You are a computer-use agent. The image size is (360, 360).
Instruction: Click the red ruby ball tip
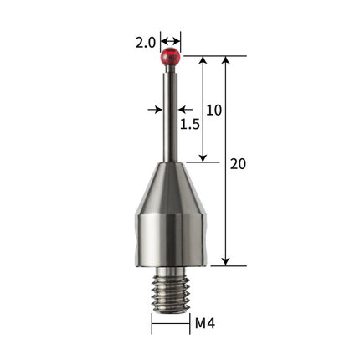coord(170,57)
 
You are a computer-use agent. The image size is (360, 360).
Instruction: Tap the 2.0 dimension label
coord(145,43)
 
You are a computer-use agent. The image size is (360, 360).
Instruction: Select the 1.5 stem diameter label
coord(190,124)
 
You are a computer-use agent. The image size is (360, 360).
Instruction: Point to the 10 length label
coord(214,111)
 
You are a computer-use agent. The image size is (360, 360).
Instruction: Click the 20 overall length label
coord(238,164)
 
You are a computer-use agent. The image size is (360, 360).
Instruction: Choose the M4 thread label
coord(205,324)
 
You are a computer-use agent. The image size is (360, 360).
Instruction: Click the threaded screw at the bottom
coord(171,291)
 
